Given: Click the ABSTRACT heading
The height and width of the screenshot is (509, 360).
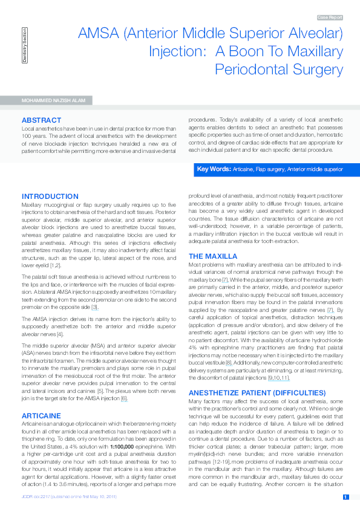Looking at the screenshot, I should coord(41,120).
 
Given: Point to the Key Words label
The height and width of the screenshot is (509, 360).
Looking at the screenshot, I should coord(214,169).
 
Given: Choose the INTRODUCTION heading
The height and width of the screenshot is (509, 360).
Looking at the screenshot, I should coord(50,196).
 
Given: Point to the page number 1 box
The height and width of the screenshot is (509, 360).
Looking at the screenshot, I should coord(345,497).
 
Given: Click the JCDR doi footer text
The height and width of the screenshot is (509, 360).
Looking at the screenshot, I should coord(68,497).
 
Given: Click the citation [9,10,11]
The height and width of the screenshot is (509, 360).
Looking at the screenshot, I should coord(278,344).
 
